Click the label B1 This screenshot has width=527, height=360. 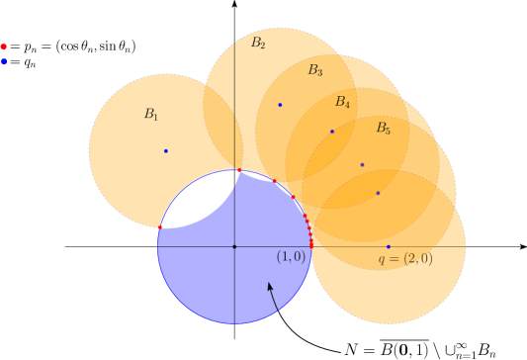(x=150, y=115)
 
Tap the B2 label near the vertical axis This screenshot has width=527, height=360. (x=258, y=44)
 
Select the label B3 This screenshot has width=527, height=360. (x=314, y=70)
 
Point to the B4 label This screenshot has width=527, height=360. (x=342, y=102)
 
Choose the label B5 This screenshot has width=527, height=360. (x=383, y=129)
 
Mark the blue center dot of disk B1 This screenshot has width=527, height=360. (x=165, y=151)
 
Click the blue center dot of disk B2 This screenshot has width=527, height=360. (x=280, y=105)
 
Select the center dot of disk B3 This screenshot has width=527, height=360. (x=332, y=132)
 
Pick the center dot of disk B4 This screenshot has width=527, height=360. (x=362, y=165)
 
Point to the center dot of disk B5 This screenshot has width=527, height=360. (x=378, y=193)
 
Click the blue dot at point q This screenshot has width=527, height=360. (x=389, y=246)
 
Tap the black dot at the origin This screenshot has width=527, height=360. (x=234, y=246)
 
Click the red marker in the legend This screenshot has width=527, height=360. (x=4, y=46)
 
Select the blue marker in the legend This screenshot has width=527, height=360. (x=4, y=61)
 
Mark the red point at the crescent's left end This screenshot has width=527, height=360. (x=158, y=227)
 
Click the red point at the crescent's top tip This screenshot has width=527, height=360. (x=239, y=170)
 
